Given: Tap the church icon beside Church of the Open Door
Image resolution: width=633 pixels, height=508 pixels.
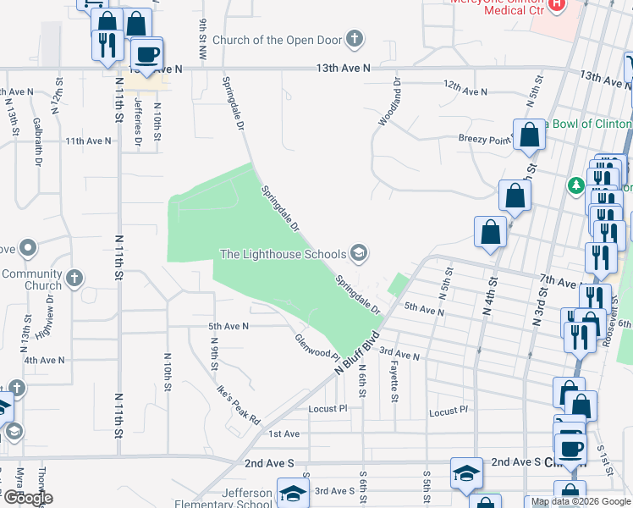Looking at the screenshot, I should (x=355, y=39).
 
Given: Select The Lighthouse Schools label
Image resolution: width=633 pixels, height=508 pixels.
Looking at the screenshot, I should (x=283, y=253).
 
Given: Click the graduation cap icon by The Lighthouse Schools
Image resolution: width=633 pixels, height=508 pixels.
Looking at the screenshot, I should (x=359, y=252).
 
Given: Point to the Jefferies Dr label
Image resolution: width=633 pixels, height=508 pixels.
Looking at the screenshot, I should (x=137, y=122).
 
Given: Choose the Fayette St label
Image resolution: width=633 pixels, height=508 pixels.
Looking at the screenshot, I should (x=394, y=378).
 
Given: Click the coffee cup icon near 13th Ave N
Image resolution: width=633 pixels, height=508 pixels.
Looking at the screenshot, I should (x=147, y=54).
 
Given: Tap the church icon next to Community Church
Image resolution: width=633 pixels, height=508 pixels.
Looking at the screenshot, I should (x=74, y=277).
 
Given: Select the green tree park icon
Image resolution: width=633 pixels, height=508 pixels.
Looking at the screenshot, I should (x=575, y=185).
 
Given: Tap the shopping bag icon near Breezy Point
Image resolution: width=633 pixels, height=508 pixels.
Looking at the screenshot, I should (x=530, y=135).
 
